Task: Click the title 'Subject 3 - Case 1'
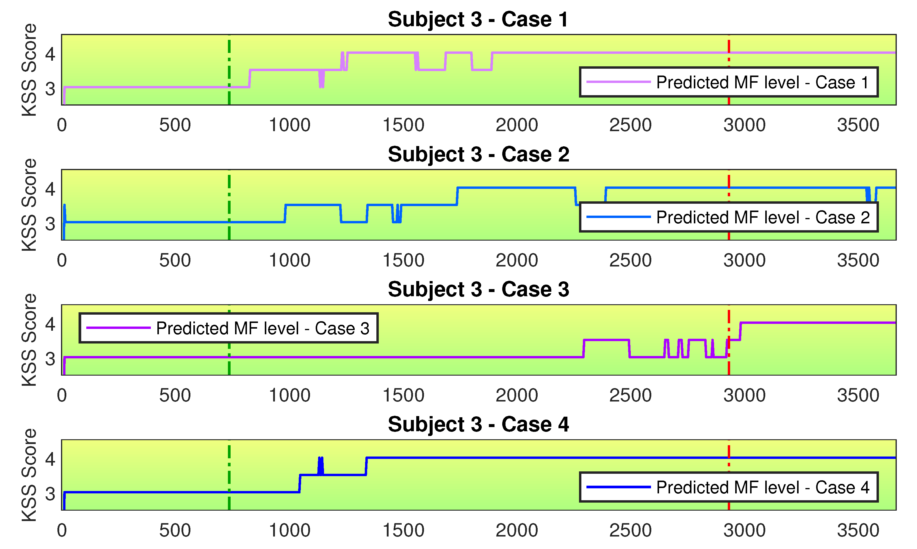point(478,19)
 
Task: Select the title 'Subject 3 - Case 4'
point(478,424)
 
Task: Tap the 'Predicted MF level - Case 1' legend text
point(763,82)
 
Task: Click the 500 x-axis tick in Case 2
point(175,261)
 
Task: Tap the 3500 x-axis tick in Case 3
point(858,396)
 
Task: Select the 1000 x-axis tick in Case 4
point(290,531)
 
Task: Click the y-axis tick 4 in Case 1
point(50,54)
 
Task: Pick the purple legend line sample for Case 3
point(118,328)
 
